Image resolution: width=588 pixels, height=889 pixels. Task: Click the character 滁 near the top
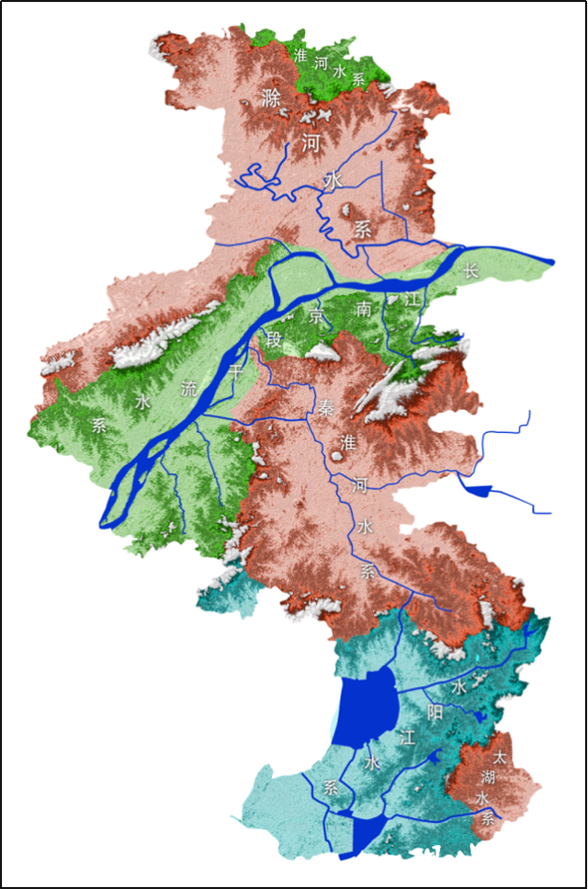click(269, 97)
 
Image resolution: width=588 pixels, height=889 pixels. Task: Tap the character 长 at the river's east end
click(471, 270)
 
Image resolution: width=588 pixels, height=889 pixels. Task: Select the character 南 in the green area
click(366, 310)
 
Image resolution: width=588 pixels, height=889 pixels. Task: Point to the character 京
click(318, 318)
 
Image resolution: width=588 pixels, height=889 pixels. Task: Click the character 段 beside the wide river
click(274, 339)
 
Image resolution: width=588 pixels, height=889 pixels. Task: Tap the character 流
click(189, 389)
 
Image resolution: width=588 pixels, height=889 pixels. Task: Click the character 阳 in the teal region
click(435, 711)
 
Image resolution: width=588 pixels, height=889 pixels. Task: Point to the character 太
click(499, 758)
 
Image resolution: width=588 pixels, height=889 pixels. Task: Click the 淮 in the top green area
click(300, 55)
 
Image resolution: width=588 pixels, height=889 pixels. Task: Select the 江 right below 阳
click(408, 735)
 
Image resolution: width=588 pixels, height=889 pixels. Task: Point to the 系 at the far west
click(99, 424)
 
